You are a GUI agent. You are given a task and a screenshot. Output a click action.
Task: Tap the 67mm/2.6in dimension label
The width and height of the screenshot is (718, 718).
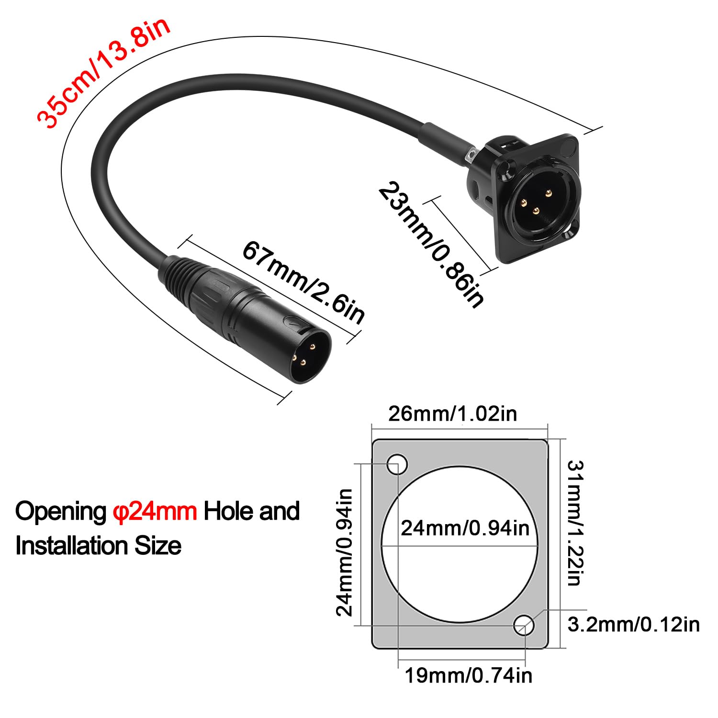click(x=303, y=282)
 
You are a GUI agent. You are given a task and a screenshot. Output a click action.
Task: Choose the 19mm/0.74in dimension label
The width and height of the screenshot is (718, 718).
click(x=469, y=675)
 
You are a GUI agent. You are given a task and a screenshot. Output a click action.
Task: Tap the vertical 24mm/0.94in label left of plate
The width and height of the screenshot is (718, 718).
click(x=344, y=552)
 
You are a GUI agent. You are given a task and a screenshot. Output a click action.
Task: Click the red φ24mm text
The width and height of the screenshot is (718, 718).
click(x=155, y=511)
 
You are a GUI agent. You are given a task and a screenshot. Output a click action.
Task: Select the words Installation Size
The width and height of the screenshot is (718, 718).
click(x=99, y=546)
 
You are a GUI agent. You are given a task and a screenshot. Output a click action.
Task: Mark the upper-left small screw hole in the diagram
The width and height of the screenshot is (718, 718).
click(x=397, y=464)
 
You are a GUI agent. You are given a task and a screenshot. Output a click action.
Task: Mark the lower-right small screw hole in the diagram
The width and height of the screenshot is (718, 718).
click(x=524, y=625)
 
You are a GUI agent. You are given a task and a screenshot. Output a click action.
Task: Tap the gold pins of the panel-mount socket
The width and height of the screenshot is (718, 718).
click(x=536, y=201)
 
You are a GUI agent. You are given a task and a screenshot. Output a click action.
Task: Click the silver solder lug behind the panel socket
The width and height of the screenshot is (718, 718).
click(x=471, y=157)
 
